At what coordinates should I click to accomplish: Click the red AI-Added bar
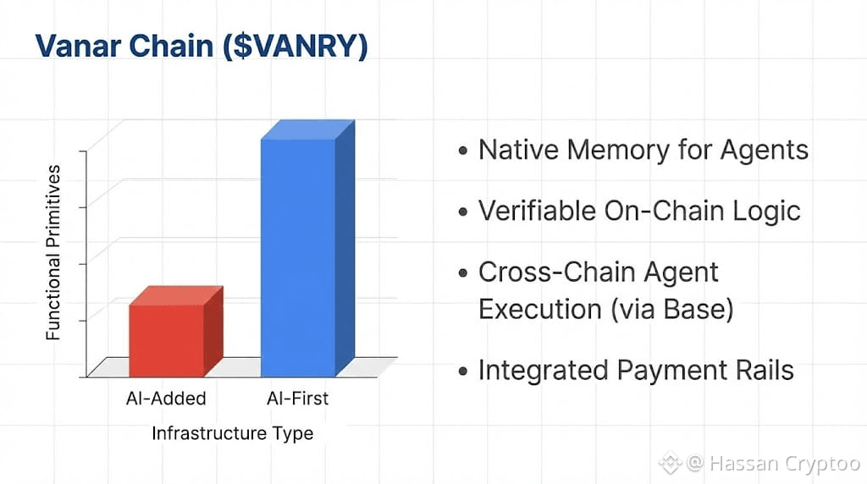176,332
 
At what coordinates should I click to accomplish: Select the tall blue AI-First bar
307,249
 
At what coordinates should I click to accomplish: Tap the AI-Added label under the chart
166,399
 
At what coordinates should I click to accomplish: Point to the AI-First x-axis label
297,399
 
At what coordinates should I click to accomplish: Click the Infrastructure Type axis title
232,434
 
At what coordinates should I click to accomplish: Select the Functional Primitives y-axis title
53,252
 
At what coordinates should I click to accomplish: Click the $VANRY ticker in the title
295,47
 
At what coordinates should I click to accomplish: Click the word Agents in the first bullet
765,151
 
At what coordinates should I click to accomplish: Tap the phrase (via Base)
671,309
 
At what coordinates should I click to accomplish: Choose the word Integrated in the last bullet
543,371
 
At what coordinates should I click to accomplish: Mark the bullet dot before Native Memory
463,151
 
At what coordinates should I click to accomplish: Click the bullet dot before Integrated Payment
463,371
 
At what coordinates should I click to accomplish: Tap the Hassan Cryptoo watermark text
784,463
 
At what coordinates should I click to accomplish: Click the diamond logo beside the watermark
671,463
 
